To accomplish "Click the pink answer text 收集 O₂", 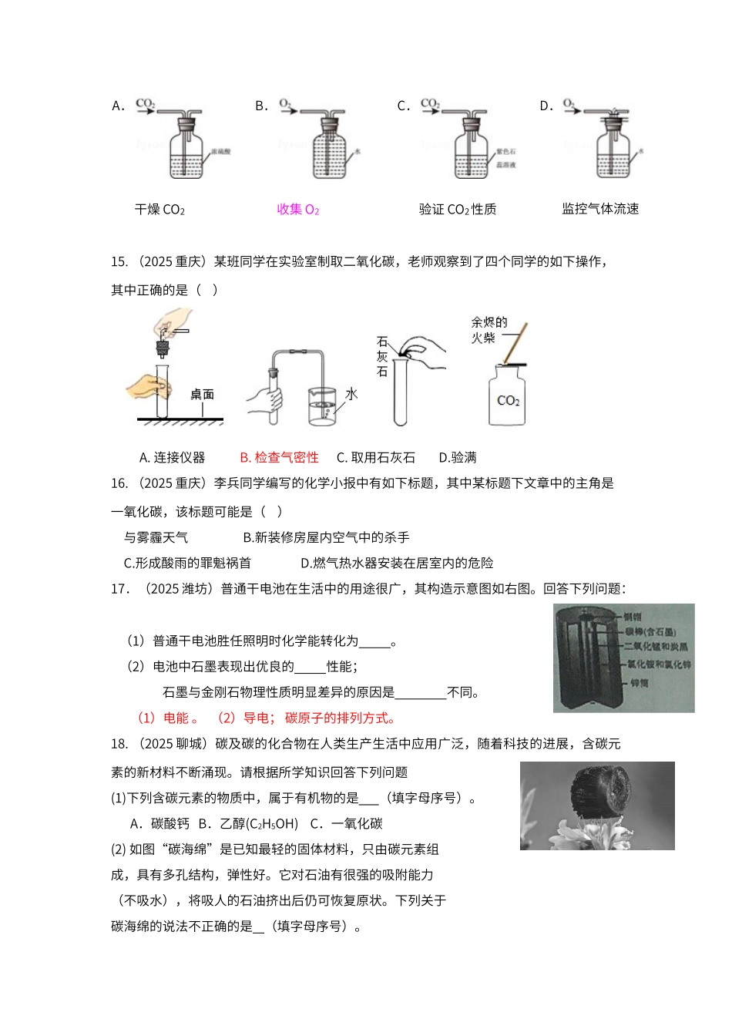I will [297, 209].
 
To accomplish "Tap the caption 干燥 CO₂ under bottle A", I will [159, 209].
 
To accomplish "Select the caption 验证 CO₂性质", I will [457, 209].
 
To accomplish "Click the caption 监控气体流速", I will [600, 209].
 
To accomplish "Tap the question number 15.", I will [119, 261].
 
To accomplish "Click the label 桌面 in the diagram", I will [202, 394].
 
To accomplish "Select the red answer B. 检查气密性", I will [279, 457].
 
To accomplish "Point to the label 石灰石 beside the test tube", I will [382, 356].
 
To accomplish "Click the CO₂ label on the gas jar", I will [508, 401].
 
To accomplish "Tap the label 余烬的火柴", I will [489, 330].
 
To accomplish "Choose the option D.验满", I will [458, 457].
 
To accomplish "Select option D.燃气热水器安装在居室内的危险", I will [397, 563].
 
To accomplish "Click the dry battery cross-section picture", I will [623, 658].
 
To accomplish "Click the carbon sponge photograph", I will [597, 806].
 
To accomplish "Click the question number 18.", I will [119, 743].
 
